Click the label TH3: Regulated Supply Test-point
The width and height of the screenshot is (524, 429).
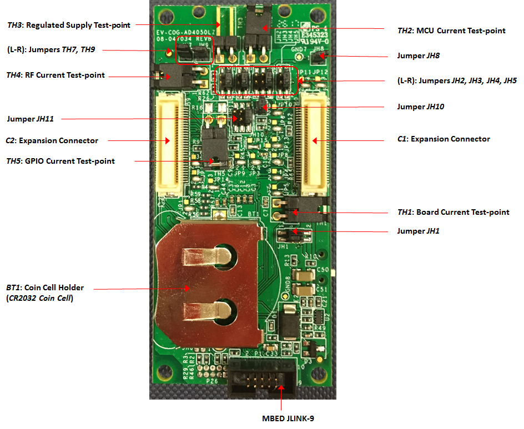pyautogui.click(x=69, y=25)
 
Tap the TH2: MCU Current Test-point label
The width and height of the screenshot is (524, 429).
pyautogui.click(x=451, y=31)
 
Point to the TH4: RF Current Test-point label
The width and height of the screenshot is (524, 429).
pyautogui.click(x=55, y=75)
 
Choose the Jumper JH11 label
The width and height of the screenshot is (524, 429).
pyautogui.click(x=34, y=118)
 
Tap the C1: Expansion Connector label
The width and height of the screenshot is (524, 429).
pyautogui.click(x=444, y=139)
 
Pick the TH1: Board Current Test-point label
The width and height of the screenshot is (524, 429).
pyautogui.click(x=450, y=212)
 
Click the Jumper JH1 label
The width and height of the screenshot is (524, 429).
pyautogui.click(x=418, y=231)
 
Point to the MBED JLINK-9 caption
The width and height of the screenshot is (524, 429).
pyautogui.click(x=288, y=418)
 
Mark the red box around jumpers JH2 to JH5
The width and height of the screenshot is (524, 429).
pyautogui.click(x=256, y=80)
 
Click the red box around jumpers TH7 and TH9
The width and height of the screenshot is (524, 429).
pyautogui.click(x=195, y=52)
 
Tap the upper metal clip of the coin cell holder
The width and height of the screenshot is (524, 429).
pyautogui.click(x=206, y=255)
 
